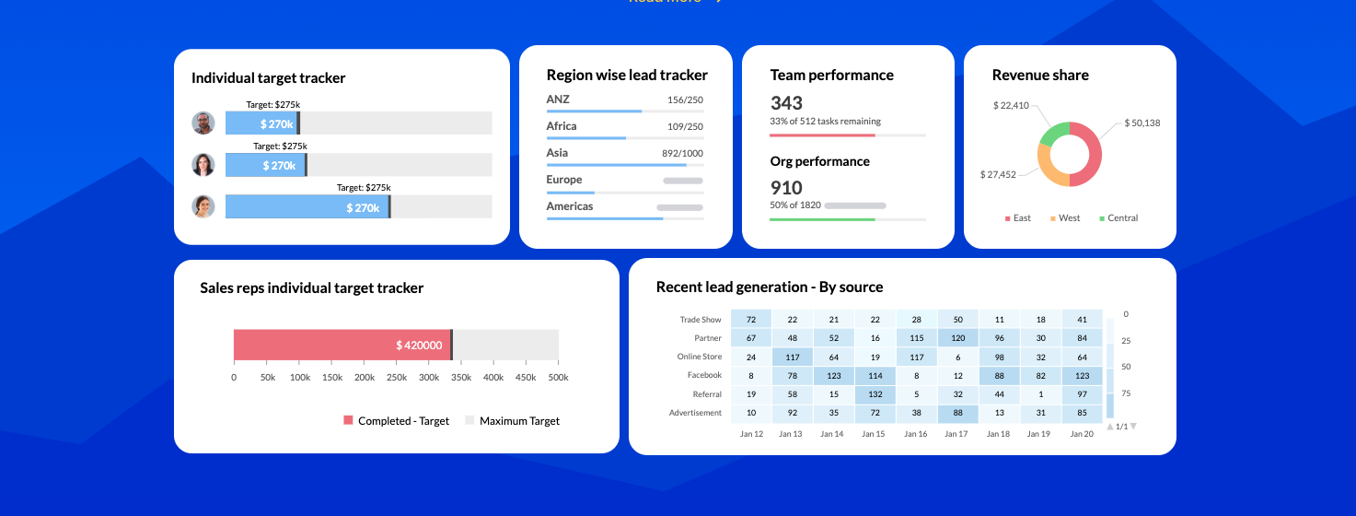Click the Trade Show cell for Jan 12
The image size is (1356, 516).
click(x=751, y=320)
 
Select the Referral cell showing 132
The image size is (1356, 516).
click(x=875, y=394)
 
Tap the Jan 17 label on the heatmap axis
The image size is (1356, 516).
click(x=957, y=434)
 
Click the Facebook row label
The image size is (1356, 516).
click(x=704, y=376)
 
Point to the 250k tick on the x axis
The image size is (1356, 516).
click(x=396, y=378)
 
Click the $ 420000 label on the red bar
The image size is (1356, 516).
click(x=419, y=346)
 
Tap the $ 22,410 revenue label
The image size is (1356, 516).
click(x=1011, y=106)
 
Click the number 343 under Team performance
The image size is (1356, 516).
click(x=786, y=103)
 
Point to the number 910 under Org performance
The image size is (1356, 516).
click(x=786, y=188)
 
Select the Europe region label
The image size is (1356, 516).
click(x=564, y=180)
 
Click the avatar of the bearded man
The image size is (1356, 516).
click(x=203, y=123)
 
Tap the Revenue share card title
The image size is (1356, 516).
click(x=1040, y=76)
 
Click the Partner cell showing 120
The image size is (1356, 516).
click(x=958, y=338)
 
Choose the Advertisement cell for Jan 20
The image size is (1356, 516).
click(x=1083, y=413)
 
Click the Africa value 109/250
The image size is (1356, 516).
click(x=685, y=127)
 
